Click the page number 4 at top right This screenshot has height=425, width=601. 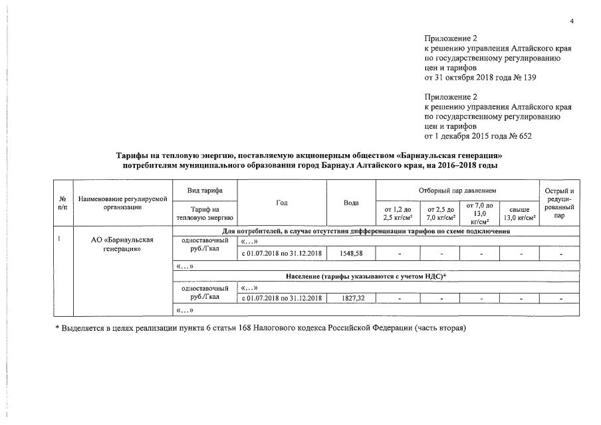point(571,22)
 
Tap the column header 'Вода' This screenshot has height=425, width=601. point(351,202)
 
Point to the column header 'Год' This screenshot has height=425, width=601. point(282,202)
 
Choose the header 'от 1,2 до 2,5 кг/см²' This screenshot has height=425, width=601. point(397,214)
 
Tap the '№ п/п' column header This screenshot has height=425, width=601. point(62,203)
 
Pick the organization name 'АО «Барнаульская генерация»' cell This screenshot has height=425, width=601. point(122,244)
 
